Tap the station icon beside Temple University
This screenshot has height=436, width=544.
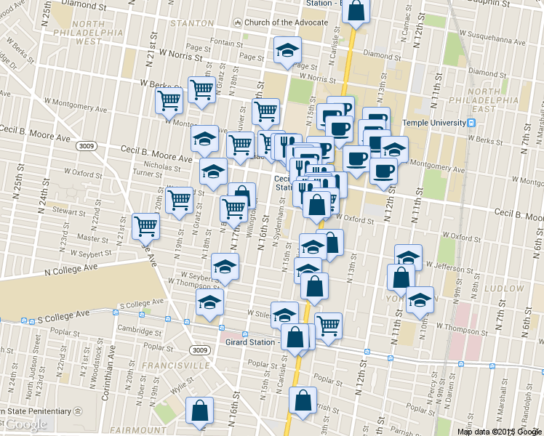[472, 123]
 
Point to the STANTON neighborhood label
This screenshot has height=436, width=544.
[191, 23]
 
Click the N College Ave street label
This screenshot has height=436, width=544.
[71, 269]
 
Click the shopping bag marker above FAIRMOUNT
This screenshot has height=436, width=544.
[200, 411]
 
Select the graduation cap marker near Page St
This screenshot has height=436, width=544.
[287, 50]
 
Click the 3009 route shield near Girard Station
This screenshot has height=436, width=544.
[202, 350]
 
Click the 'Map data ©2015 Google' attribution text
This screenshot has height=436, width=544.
[499, 431]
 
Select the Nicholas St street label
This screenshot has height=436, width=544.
[162, 166]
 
